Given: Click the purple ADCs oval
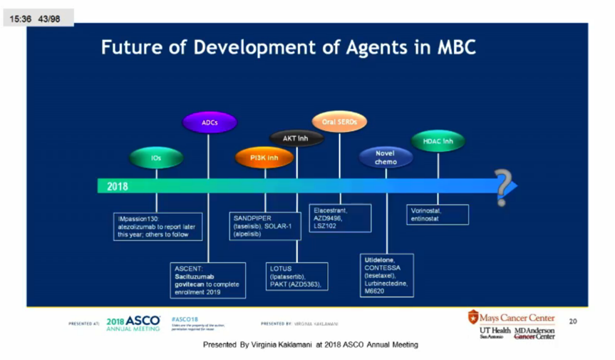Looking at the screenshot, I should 209,123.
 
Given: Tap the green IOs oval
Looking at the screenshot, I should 156,158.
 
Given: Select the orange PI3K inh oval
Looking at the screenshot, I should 264,157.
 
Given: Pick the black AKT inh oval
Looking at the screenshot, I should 295,138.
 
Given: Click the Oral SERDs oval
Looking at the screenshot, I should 339,123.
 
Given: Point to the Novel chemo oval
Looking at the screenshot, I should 386,158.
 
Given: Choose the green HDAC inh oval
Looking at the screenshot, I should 438,141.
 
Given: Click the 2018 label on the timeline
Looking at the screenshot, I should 118,187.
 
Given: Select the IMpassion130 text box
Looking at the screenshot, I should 157,225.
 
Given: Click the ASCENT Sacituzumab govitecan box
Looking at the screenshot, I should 207,279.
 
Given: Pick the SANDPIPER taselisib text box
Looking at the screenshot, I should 265,225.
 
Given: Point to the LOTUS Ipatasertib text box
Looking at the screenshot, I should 296,277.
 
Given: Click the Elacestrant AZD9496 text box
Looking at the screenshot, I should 341,217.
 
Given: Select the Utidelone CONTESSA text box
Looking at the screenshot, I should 387,274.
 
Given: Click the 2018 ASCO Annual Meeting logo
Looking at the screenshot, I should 133,324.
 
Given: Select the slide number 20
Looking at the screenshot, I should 572,322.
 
